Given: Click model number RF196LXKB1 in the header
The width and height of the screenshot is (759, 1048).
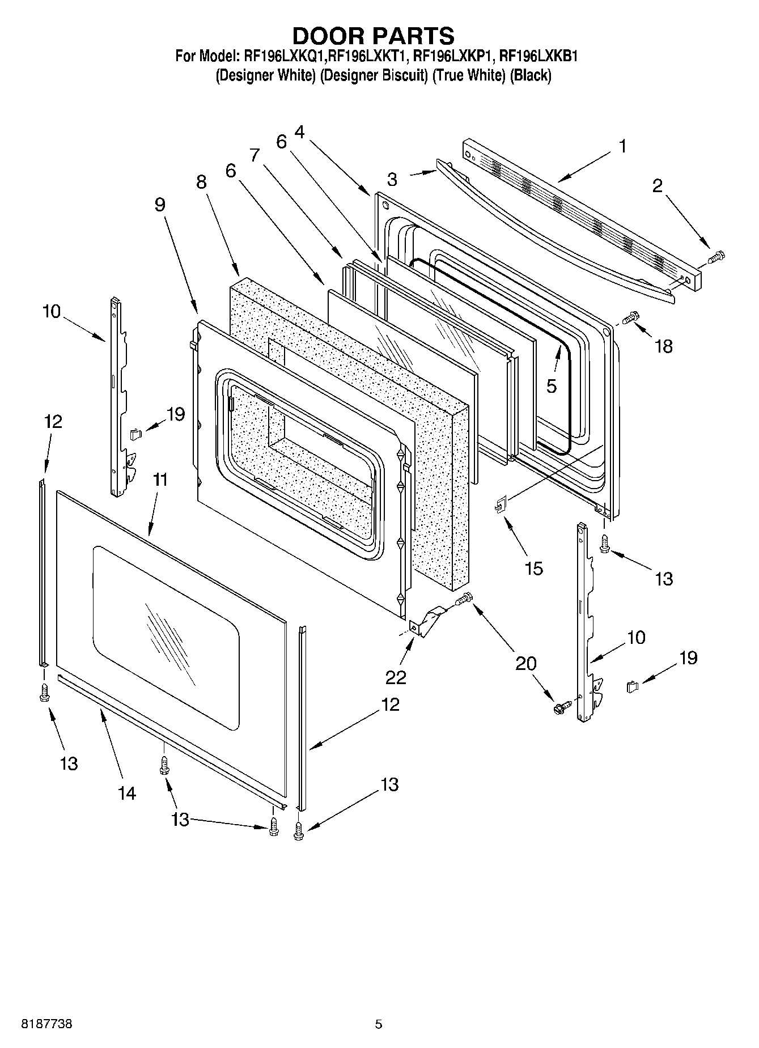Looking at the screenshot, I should click(538, 56).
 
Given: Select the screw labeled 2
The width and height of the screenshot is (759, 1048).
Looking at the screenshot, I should click(716, 258).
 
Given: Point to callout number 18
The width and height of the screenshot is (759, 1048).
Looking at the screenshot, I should click(664, 346).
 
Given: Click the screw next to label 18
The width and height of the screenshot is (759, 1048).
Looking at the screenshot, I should click(630, 320).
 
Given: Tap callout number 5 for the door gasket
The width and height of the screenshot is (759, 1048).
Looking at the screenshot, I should click(552, 386).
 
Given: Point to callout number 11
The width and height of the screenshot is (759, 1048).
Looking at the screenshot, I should click(160, 480).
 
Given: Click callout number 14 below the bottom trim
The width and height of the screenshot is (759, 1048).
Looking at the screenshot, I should click(127, 793).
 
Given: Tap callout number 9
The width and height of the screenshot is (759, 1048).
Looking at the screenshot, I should click(160, 204).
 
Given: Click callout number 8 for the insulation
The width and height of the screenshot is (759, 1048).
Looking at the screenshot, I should click(201, 182).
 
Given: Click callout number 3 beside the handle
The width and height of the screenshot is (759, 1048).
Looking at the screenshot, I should click(392, 179).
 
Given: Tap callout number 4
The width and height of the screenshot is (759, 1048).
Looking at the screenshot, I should click(299, 132).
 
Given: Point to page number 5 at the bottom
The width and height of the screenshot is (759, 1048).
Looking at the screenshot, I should click(378, 1024).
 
